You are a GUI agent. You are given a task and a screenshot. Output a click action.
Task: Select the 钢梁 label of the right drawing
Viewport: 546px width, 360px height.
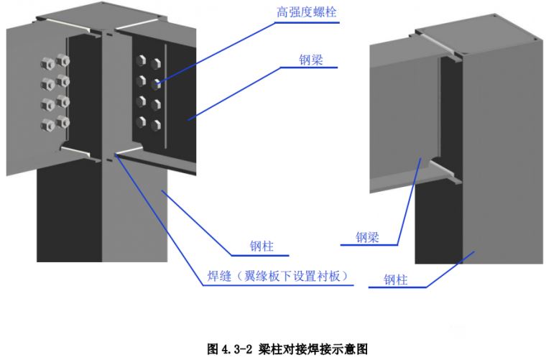coord(367,236)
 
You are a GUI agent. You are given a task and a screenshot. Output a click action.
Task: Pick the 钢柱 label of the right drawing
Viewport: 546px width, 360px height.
coord(395,280)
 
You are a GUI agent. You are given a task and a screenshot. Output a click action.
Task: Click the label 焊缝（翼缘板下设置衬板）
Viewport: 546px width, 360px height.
coord(274,275)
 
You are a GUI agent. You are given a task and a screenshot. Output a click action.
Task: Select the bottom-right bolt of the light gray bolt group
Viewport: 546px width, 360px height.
coord(63,120)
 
